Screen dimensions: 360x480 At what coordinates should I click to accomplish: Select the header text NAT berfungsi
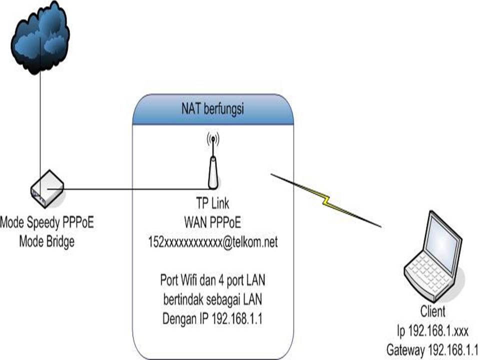(212, 109)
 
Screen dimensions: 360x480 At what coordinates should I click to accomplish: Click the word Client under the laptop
(432, 312)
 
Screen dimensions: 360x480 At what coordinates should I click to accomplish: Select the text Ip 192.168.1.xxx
(432, 330)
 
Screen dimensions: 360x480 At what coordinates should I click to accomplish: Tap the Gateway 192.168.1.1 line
(432, 349)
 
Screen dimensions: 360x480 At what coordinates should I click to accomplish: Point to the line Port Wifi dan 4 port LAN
(212, 279)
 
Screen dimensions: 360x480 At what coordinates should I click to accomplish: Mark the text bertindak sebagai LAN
(212, 298)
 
